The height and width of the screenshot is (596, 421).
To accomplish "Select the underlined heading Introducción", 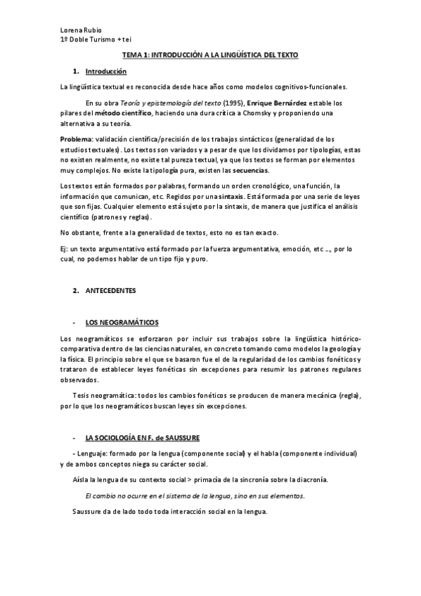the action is click(x=105, y=72).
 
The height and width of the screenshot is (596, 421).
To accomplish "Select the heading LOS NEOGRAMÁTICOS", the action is click(x=122, y=323).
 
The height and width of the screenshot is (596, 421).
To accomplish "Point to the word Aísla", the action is click(x=82, y=479).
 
